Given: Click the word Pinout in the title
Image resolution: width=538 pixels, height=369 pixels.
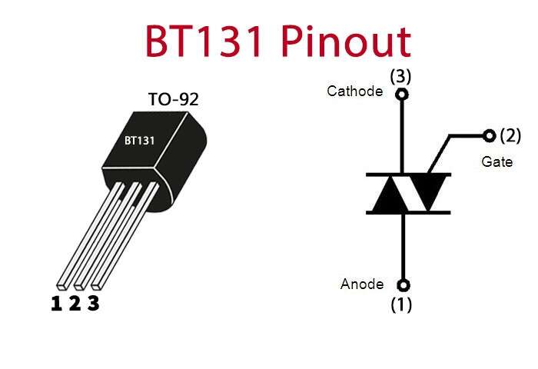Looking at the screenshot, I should (x=348, y=42).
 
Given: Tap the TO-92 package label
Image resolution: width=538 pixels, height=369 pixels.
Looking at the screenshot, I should (x=173, y=99).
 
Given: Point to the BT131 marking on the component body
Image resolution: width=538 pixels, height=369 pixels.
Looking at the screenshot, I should (x=140, y=141).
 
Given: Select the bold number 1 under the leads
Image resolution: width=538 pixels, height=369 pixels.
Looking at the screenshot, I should (x=56, y=304).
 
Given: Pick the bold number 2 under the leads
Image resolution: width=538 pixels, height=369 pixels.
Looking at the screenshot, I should (x=75, y=304).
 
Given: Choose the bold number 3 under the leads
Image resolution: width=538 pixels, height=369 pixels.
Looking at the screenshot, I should (x=93, y=304).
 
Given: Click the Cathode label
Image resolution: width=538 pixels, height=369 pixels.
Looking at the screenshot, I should (x=354, y=91).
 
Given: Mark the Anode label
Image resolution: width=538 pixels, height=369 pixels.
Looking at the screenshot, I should (x=361, y=284).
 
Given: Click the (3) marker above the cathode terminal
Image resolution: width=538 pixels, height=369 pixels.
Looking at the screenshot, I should (x=401, y=77).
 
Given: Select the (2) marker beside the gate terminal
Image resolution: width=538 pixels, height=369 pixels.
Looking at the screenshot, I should (x=510, y=136).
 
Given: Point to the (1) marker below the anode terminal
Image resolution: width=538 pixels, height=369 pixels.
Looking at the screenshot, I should (x=401, y=304).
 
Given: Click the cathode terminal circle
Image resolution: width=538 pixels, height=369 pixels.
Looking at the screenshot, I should (x=400, y=95).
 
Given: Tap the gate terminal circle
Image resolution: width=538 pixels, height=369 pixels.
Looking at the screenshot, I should (x=489, y=136).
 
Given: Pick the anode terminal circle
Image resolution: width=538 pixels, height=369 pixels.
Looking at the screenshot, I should (x=400, y=284).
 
